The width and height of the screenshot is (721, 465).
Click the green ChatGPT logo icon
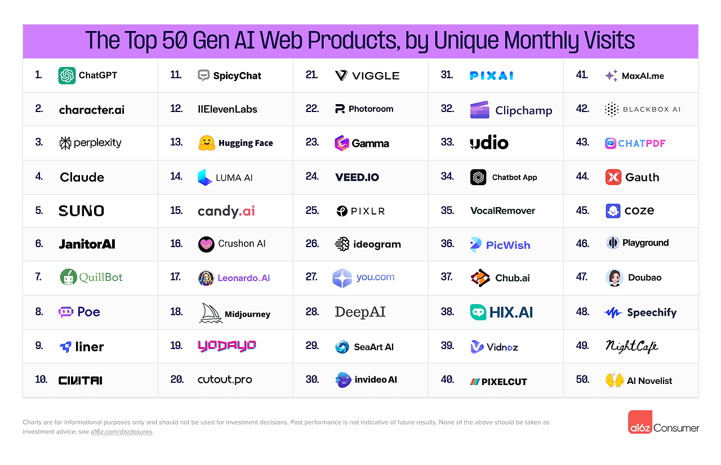click(67, 75)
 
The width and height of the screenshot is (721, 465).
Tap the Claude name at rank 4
click(82, 177)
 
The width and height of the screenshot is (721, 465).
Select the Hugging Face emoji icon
click(206, 143)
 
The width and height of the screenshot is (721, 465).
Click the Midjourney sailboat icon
click(211, 313)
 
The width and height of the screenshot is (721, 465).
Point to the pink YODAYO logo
click(226, 346)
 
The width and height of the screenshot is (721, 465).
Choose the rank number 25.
click(312, 211)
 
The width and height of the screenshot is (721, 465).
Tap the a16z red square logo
click(640, 422)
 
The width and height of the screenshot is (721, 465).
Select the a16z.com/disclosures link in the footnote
click(121, 432)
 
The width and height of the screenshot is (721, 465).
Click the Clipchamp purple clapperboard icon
click(479, 110)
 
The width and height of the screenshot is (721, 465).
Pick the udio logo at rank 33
click(489, 143)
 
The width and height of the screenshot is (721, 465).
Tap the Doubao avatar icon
click(614, 278)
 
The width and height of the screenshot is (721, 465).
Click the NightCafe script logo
click(631, 346)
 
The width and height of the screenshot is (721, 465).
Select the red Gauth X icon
click(613, 177)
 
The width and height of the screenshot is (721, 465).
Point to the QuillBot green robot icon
click(69, 277)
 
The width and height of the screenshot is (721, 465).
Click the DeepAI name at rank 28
click(360, 312)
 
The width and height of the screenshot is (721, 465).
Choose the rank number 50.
click(582, 380)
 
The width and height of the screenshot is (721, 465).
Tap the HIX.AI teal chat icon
click(478, 312)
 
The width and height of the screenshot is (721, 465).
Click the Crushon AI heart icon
click(207, 244)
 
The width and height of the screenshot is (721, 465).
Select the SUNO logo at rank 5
click(82, 211)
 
